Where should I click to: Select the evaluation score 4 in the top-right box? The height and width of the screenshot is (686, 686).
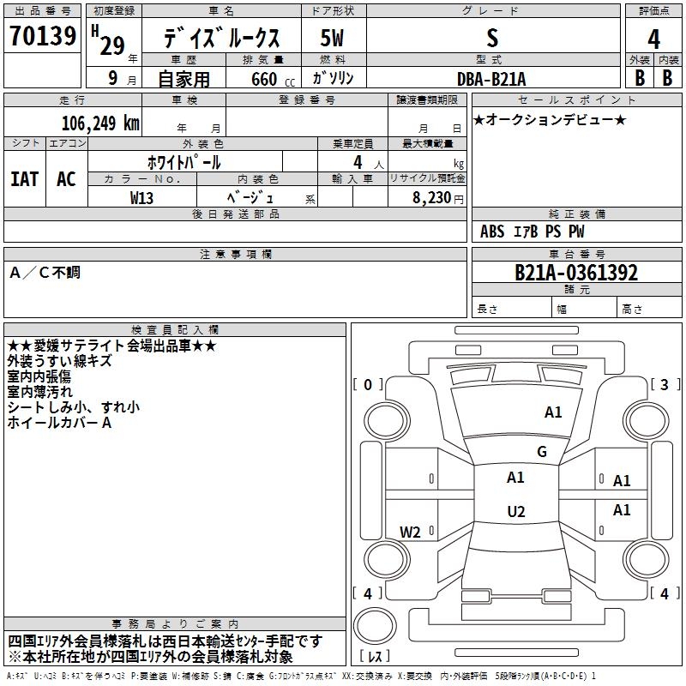pyautogui.click(x=654, y=39)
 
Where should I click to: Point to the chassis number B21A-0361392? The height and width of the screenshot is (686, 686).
pyautogui.click(x=576, y=273)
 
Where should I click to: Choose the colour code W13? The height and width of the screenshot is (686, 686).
pyautogui.click(x=142, y=197)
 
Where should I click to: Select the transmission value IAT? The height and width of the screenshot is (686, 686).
pyautogui.click(x=25, y=179)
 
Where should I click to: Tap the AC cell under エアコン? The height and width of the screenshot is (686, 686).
pyautogui.click(x=66, y=179)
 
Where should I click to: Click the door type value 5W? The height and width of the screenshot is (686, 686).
pyautogui.click(x=333, y=39)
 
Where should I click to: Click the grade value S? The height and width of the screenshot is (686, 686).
pyautogui.click(x=491, y=39)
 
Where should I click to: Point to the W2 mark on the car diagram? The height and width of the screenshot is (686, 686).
pyautogui.click(x=411, y=533)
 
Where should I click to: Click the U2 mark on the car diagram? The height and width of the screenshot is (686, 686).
pyautogui.click(x=515, y=512)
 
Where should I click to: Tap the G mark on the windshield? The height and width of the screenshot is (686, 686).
pyautogui.click(x=542, y=452)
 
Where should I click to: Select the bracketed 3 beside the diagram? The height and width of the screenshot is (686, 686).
pyautogui.click(x=665, y=385)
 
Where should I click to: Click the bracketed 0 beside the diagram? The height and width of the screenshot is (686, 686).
pyautogui.click(x=368, y=385)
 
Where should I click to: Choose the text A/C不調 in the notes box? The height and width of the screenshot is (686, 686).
pyautogui.click(x=45, y=274)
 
